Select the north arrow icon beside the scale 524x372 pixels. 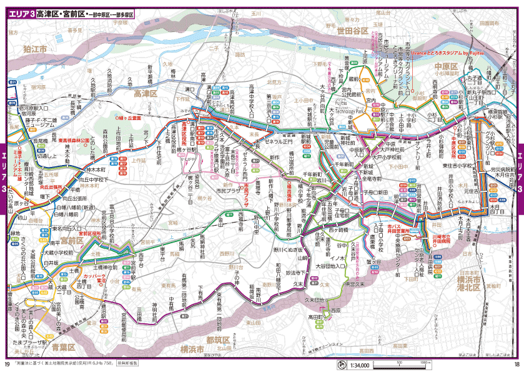pyautogui.click(x=341, y=366)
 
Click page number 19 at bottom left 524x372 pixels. pyautogui.click(x=7, y=365)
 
